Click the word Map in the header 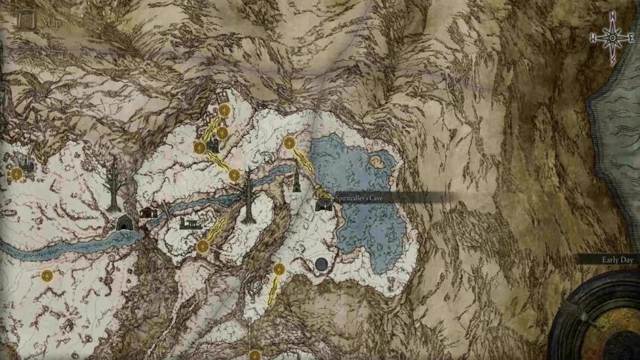point(51,22)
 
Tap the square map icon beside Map point(28,20)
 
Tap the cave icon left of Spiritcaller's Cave point(324,201)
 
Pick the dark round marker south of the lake point(322,263)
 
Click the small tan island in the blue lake point(377,158)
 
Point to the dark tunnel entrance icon point(124,222)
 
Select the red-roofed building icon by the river point(150,213)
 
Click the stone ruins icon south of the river point(190,222)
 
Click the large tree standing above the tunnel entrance point(114,185)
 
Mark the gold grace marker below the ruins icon point(202,246)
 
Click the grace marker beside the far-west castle point(16,174)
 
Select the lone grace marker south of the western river point(47,276)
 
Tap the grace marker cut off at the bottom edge point(255,356)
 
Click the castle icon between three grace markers point(214,143)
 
